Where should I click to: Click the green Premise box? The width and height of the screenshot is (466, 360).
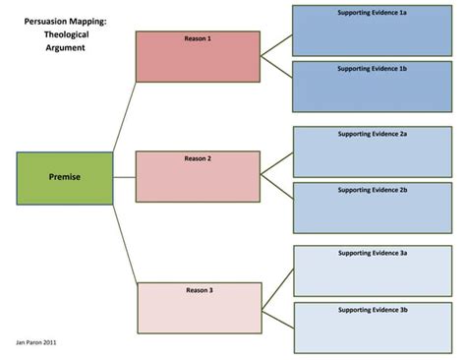click(x=64, y=178)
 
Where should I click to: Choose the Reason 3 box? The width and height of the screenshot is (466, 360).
click(x=200, y=308)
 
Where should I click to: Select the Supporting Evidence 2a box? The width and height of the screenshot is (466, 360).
click(x=374, y=150)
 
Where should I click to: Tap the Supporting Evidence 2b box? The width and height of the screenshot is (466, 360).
click(x=374, y=208)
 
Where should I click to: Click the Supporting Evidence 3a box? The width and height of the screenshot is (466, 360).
click(x=374, y=270)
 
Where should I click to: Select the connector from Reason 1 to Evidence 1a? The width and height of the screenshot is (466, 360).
click(x=276, y=41)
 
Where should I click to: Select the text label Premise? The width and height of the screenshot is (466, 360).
click(x=64, y=178)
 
